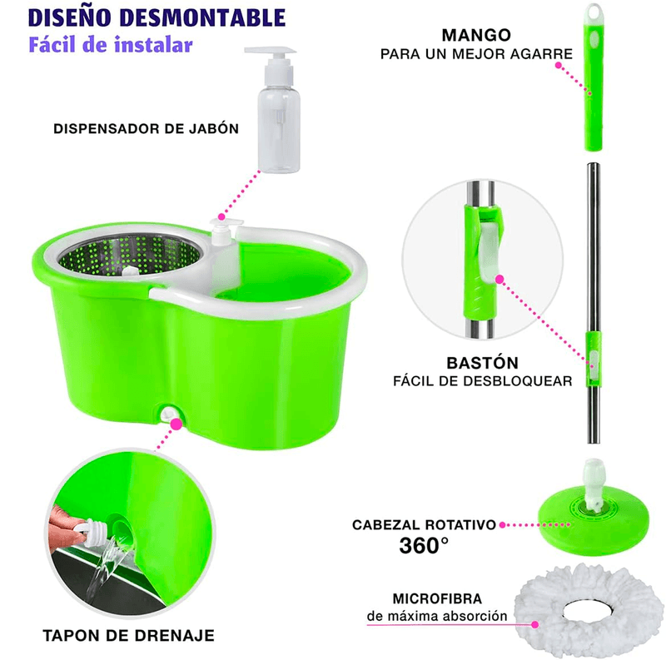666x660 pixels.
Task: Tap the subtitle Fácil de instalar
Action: [x=111, y=45]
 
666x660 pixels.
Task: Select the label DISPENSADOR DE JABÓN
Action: [x=146, y=129]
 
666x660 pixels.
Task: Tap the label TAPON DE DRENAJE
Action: [x=128, y=635]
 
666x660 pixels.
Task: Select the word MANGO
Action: [x=476, y=35]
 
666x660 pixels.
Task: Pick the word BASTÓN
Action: [x=482, y=363]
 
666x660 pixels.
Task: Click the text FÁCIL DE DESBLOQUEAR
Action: [x=483, y=381]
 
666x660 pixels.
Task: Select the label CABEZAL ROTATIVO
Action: [x=424, y=525]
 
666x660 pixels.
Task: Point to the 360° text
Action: [x=424, y=546]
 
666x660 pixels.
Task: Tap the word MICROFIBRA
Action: [x=438, y=599]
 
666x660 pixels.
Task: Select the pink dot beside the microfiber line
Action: [x=534, y=625]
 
